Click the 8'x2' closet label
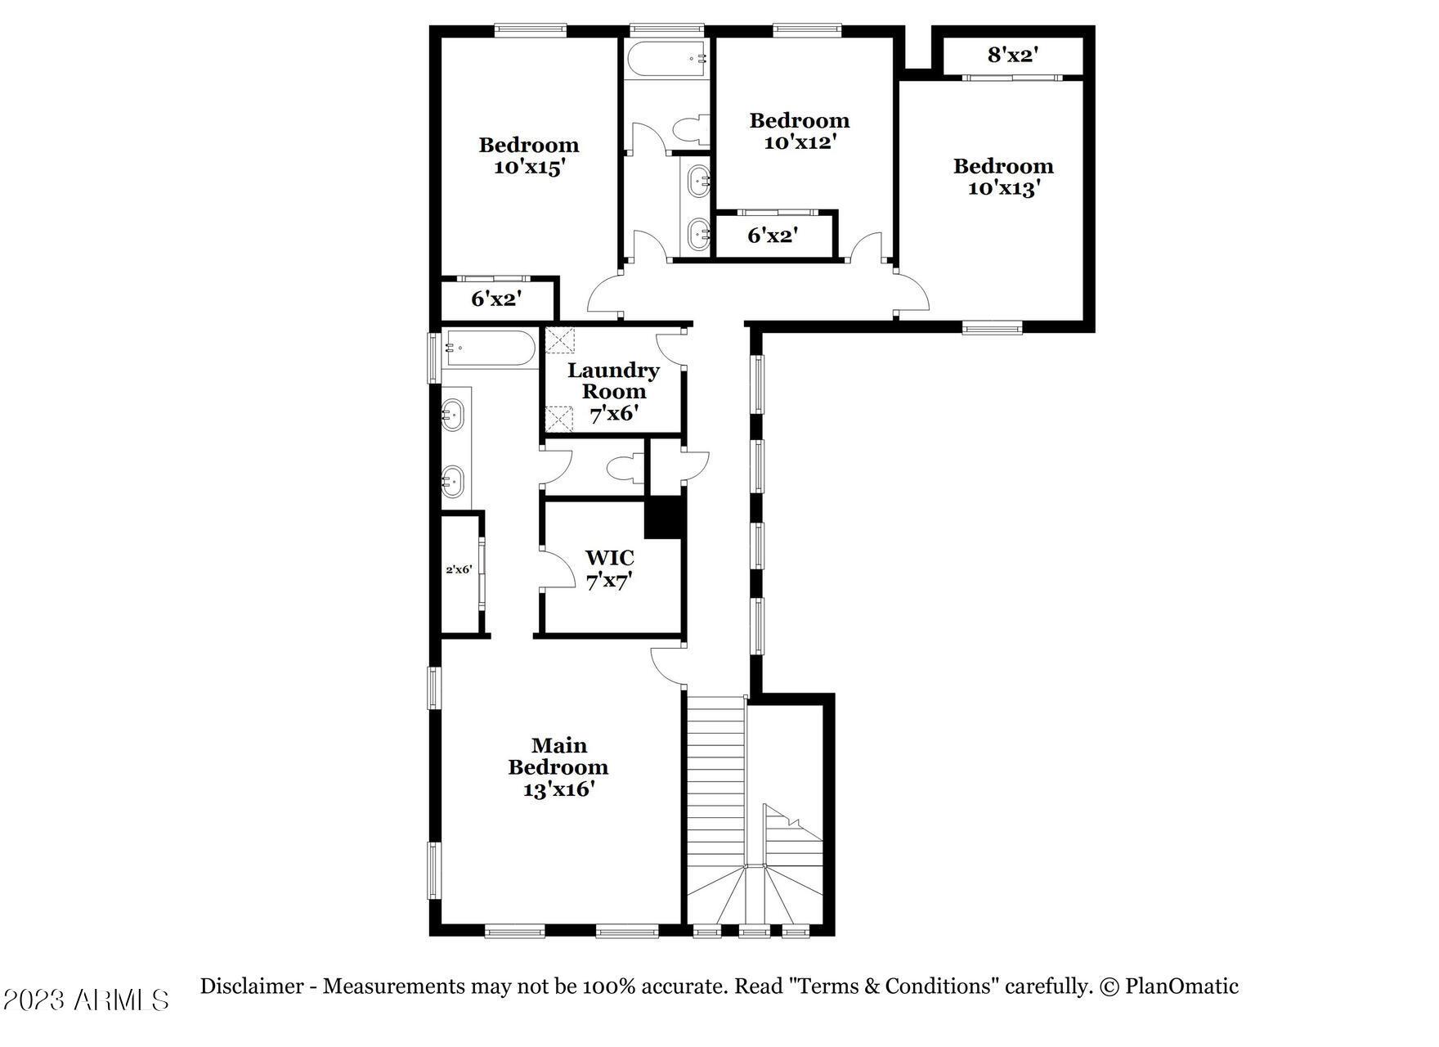pos(1013,56)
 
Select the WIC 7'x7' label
pos(610,569)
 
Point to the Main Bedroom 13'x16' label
pos(558,767)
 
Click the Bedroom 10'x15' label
pos(529,155)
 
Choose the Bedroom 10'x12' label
pos(800,131)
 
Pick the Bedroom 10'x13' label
pos(1003,177)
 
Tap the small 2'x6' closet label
pos(459,569)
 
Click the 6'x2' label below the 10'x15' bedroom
pos(496,299)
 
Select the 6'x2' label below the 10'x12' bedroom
pos(773,236)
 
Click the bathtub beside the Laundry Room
pos(489,348)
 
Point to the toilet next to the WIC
pos(625,469)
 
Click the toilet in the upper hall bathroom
pos(689,130)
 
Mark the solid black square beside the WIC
pos(663,517)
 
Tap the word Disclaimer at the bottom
pos(252,986)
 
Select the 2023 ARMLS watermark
pos(86,1000)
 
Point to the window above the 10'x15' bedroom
pos(530,30)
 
